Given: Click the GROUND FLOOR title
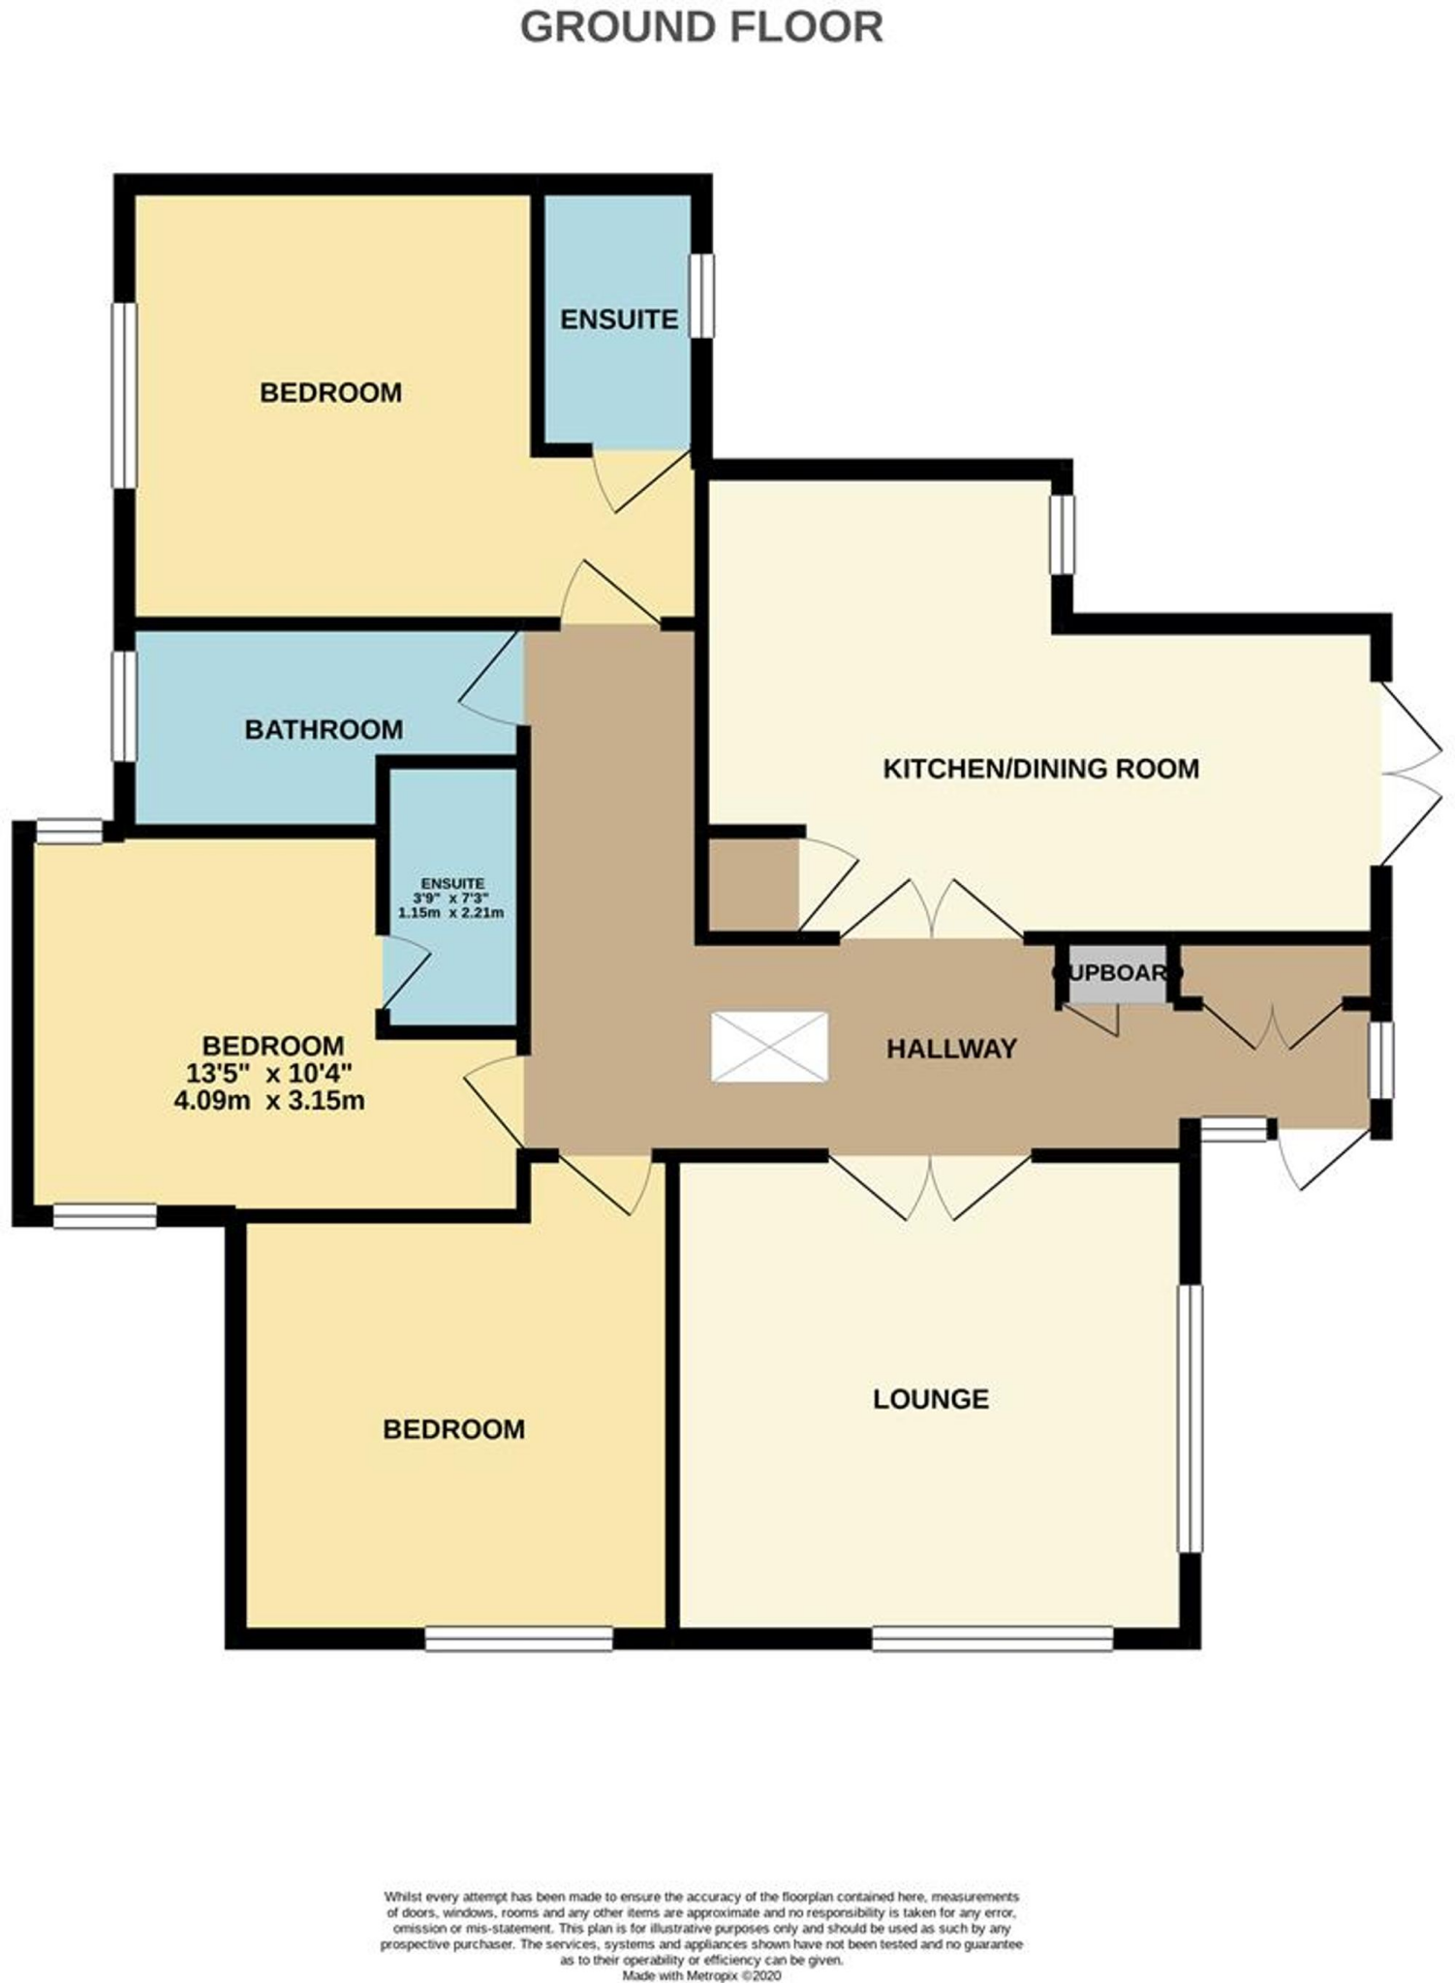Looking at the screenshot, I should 701,27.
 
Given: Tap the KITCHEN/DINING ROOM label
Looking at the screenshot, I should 1040,769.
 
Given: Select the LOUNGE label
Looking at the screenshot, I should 930,1399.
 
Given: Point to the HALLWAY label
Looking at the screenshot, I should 951,1049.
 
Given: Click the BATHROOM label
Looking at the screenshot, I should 324,729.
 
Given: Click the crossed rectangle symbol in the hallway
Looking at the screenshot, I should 769,1047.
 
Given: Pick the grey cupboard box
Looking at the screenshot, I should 1117,973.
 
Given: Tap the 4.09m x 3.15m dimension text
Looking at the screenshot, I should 269,1101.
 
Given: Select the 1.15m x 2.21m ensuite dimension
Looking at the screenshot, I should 451,913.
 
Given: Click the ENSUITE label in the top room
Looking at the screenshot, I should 618,320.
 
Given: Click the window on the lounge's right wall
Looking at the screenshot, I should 1191,1419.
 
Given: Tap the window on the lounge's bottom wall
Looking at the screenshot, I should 992,1638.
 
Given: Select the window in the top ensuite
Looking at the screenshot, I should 702,295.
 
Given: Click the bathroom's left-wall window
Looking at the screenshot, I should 124,706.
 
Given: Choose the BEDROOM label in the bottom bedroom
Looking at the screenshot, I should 453,1429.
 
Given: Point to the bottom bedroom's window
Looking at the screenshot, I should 519,1638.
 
